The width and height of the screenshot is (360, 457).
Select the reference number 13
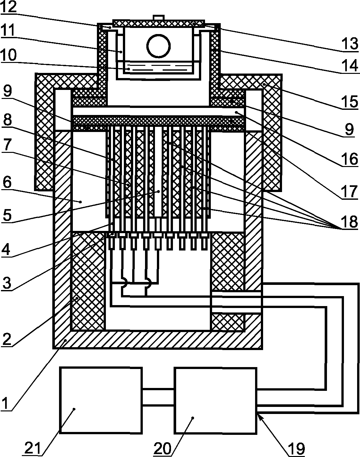coord(350,44)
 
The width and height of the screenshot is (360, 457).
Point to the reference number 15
coord(350,102)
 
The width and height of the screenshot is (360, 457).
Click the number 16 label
coord(350,159)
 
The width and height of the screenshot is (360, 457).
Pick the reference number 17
coord(350,192)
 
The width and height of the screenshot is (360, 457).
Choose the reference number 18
coord(350,222)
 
